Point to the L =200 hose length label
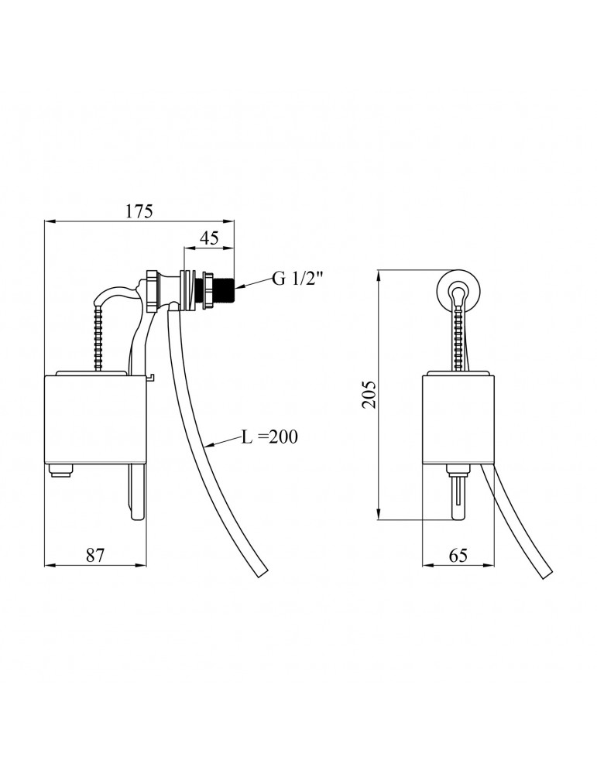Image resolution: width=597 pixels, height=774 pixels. pos(269,437)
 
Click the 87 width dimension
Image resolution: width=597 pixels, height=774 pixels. pos(95,554)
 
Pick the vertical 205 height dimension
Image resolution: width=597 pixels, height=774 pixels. pos(369,396)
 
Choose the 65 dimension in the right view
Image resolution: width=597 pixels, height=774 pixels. pos(458,554)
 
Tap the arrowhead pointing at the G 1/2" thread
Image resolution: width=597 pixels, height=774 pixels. pos(241,286)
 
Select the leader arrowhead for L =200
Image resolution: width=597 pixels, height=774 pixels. pos(210,446)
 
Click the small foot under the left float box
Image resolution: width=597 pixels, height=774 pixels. pos(60,471)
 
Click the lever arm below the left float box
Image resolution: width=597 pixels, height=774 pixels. pos(136,495)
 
